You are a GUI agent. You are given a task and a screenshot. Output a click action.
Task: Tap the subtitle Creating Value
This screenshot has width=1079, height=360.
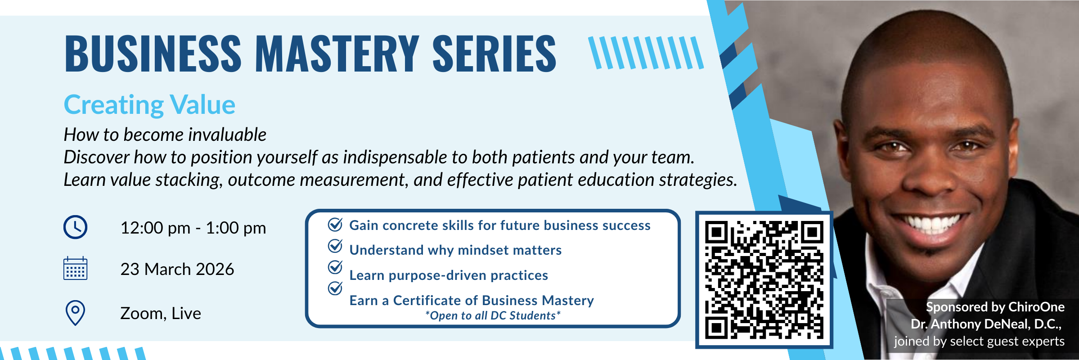149,105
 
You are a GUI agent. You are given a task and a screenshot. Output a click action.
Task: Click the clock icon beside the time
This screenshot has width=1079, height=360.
75,227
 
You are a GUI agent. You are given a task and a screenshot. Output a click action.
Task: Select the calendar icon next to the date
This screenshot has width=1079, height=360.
75,269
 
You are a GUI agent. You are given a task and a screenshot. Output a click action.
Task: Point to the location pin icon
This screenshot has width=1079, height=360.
75,312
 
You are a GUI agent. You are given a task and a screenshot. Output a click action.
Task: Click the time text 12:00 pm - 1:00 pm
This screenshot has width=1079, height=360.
193,228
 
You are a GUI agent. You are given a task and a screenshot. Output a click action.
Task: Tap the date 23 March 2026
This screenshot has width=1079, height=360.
177,269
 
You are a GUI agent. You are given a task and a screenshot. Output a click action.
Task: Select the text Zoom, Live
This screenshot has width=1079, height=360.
161,313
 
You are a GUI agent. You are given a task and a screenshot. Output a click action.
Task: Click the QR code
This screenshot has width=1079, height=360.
764,279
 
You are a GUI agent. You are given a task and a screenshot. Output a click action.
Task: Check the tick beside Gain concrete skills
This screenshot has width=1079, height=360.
335,224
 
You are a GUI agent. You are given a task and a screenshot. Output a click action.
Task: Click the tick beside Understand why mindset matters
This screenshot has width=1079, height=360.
335,246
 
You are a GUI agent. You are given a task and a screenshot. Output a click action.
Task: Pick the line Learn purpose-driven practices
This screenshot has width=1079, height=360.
449,275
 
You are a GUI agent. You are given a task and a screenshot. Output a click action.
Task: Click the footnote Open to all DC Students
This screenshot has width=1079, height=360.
493,315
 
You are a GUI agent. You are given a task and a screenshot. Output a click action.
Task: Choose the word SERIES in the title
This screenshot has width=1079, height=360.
495,54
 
